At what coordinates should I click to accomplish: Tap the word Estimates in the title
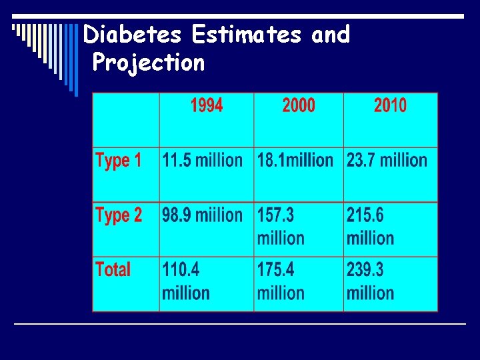247,34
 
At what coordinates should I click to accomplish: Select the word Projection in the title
149,63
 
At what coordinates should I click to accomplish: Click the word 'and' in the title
330,34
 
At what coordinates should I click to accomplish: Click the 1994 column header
207,105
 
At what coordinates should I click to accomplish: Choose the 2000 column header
299,105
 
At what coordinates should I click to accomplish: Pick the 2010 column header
390,105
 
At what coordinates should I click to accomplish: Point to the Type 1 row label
119,161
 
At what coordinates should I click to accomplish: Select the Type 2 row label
119,215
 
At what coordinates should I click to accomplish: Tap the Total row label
113,270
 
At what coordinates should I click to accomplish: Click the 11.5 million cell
202,161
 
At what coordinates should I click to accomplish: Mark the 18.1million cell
295,161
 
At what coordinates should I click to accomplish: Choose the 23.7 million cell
387,161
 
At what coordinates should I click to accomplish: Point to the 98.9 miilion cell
202,215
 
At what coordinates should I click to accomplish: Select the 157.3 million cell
281,227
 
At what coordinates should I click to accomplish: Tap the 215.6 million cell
371,227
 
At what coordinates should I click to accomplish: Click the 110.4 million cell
186,281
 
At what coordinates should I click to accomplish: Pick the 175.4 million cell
281,281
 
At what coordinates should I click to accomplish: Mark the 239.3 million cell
371,281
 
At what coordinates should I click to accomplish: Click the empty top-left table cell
126,120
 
